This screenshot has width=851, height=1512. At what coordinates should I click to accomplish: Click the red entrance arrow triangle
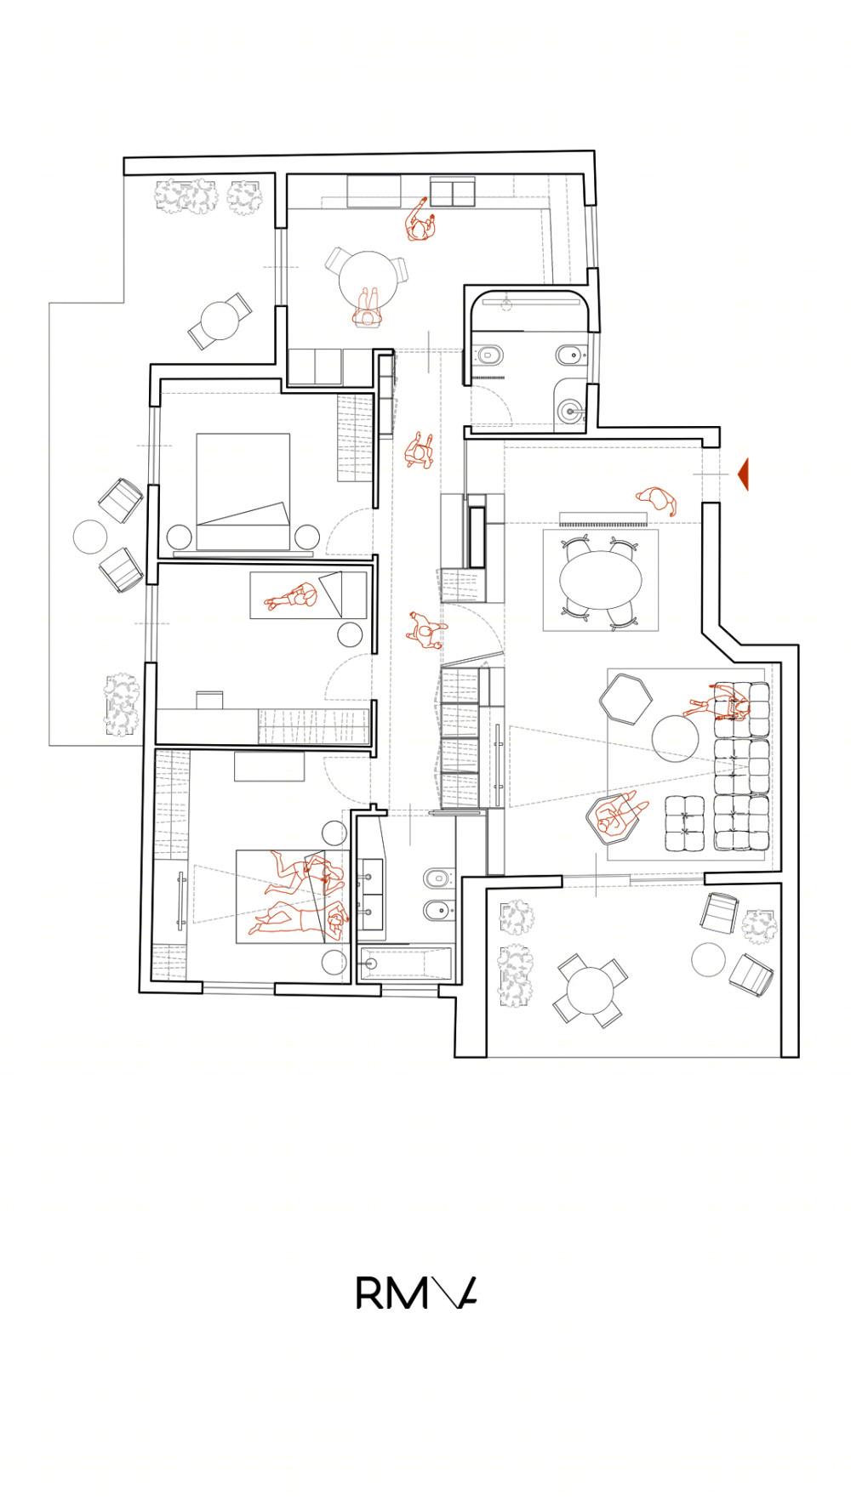[743, 474]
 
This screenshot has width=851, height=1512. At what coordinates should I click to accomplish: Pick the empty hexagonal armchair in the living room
[625, 698]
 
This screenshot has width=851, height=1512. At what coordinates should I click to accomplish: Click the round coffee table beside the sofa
[675, 736]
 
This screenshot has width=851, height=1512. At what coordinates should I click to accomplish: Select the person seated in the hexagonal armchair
[614, 817]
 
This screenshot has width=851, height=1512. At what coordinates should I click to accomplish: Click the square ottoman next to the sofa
[683, 822]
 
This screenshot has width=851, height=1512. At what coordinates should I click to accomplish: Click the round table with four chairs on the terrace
[589, 990]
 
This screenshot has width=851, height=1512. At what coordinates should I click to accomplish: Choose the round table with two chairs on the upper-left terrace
[219, 321]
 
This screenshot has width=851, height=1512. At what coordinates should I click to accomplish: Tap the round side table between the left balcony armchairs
[90, 537]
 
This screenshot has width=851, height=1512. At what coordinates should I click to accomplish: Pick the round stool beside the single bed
[350, 634]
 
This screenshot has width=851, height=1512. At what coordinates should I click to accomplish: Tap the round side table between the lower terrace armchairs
[708, 960]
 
